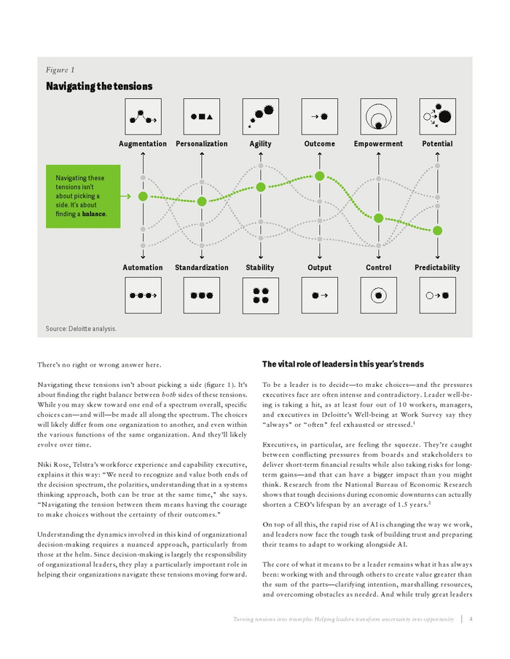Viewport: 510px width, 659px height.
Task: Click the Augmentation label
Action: click(143, 144)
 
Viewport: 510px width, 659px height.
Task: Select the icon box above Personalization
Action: click(202, 116)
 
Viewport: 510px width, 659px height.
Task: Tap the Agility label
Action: click(260, 144)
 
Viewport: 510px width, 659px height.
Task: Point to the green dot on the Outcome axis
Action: click(319, 175)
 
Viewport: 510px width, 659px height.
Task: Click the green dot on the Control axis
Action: click(378, 218)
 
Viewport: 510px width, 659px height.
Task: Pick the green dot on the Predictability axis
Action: click(437, 231)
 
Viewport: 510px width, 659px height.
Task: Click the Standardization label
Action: click(202, 268)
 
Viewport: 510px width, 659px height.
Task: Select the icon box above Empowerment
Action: click(378, 116)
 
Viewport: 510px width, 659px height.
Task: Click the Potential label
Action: click(437, 144)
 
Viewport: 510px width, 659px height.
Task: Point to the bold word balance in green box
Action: click(93, 215)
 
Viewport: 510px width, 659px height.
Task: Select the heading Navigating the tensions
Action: click(99, 87)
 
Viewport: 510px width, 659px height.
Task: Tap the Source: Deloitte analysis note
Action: click(81, 329)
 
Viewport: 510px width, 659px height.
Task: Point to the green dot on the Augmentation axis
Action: click(143, 196)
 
